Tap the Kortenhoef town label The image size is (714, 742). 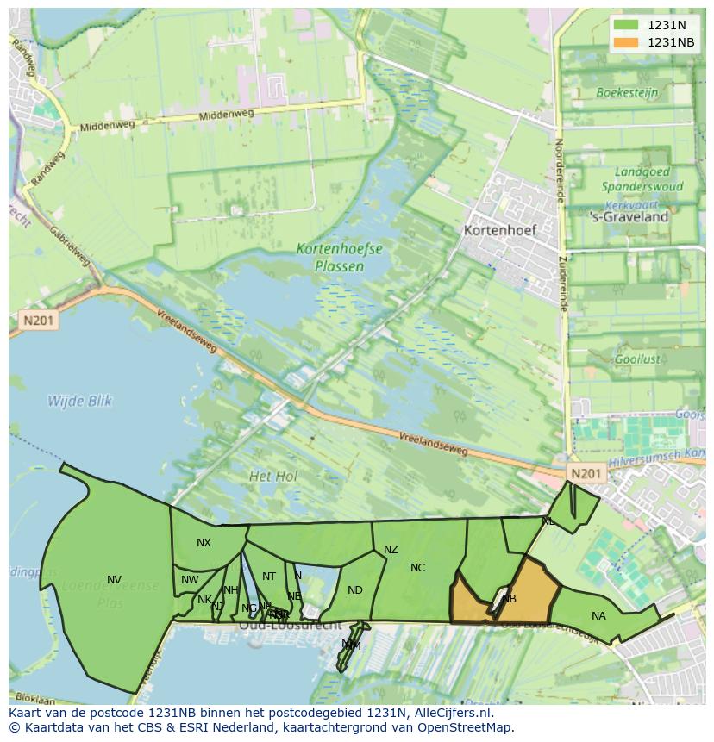(499, 230)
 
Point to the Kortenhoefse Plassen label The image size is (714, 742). (339, 257)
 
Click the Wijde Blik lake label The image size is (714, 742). (79, 401)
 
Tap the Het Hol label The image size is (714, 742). (272, 476)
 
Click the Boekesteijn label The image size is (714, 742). (627, 92)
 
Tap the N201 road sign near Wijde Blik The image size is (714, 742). (38, 321)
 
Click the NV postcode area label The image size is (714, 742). (114, 579)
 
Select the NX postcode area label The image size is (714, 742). (204, 542)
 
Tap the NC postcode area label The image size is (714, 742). (417, 567)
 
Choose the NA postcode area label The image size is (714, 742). (598, 615)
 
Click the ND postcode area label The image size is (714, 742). (354, 589)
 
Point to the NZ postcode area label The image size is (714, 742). (391, 549)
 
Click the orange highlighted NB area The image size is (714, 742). (522, 595)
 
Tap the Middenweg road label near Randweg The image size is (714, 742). (107, 125)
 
